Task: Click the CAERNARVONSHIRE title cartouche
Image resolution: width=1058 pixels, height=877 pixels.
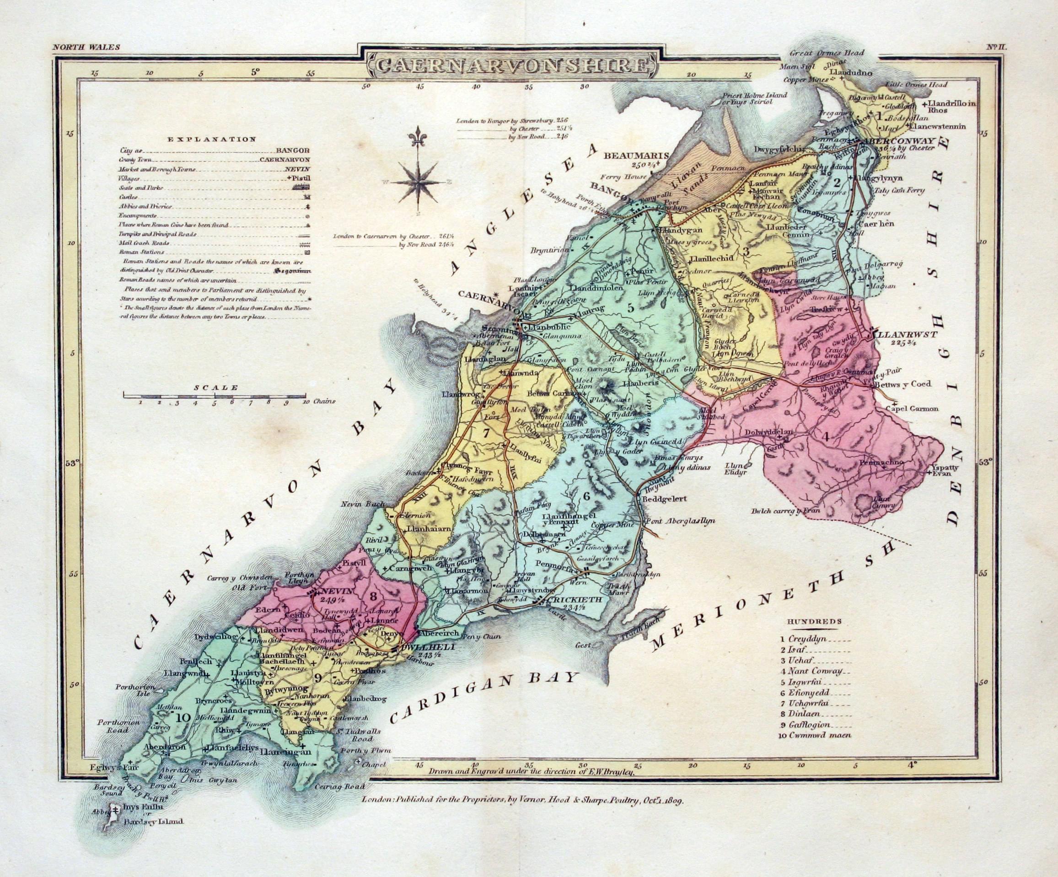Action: pyautogui.click(x=511, y=65)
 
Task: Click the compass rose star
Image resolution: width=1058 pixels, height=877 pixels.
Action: pyautogui.click(x=418, y=183)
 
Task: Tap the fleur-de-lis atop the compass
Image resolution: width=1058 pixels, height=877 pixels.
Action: pyautogui.click(x=417, y=137)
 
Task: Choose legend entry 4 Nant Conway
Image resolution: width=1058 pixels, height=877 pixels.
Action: pyautogui.click(x=815, y=671)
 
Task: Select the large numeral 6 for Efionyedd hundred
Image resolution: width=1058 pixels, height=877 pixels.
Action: pyautogui.click(x=586, y=495)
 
